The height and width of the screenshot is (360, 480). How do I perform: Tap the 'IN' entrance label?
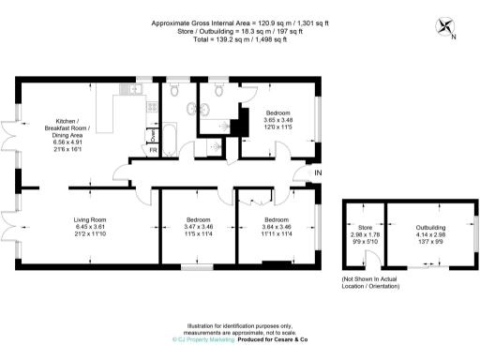pos(318,173)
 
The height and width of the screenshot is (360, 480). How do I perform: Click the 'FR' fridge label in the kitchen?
pos(153,149)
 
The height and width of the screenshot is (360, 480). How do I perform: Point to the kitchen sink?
pos(133,90)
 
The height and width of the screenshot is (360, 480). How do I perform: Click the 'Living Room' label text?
pos(92,220)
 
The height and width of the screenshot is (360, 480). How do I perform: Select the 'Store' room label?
pos(366,228)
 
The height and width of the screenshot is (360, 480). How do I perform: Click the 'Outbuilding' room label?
pos(431,228)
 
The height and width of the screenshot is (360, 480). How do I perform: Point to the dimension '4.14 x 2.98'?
pos(431,234)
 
